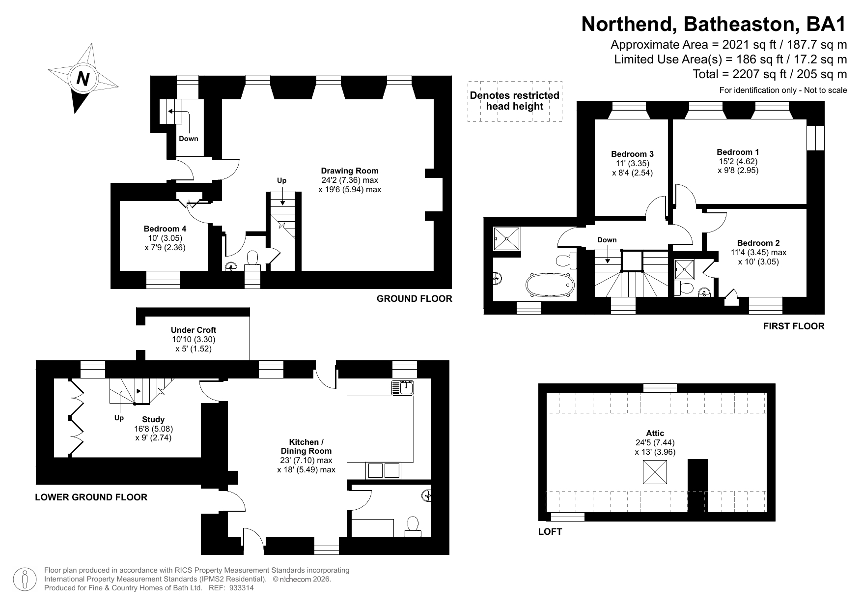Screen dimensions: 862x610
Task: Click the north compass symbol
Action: (x=83, y=78)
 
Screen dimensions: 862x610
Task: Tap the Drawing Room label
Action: (x=350, y=171)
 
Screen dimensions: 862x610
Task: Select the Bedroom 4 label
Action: (x=165, y=229)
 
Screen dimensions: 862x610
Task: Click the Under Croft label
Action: (x=194, y=330)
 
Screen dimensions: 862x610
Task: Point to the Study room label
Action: (x=153, y=419)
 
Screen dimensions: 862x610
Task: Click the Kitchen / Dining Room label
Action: (x=306, y=446)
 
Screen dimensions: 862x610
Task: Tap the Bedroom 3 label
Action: (x=632, y=154)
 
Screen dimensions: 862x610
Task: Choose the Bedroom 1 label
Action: (x=738, y=152)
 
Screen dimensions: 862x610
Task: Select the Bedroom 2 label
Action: (x=758, y=243)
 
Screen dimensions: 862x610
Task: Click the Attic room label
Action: (x=655, y=433)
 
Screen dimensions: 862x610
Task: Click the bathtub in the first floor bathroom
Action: (x=550, y=285)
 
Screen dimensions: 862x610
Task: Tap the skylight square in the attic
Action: (x=655, y=472)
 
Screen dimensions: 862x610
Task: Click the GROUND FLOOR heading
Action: (x=415, y=298)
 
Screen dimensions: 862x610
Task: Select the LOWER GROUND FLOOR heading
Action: (x=91, y=497)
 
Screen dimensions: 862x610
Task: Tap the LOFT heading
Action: (x=550, y=531)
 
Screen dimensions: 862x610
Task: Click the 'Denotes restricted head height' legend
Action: (x=515, y=101)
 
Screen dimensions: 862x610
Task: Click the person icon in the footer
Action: (x=25, y=579)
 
